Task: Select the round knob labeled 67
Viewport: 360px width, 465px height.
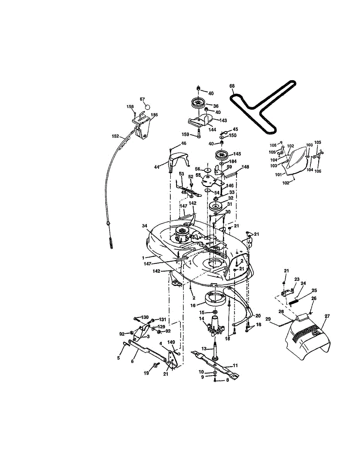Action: pyautogui.click(x=147, y=106)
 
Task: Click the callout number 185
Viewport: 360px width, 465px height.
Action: pyautogui.click(x=154, y=115)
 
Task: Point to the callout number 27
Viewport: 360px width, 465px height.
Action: pyautogui.click(x=327, y=316)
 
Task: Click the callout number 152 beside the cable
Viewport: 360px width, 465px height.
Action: pyautogui.click(x=115, y=136)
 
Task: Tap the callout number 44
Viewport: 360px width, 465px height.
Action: pyautogui.click(x=157, y=167)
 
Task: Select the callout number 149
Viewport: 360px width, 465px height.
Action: pyautogui.click(x=171, y=342)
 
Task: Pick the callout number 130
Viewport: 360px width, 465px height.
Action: pyautogui.click(x=145, y=317)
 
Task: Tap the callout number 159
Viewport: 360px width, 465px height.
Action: pyautogui.click(x=185, y=134)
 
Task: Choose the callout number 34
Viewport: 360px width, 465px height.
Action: pyautogui.click(x=144, y=226)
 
